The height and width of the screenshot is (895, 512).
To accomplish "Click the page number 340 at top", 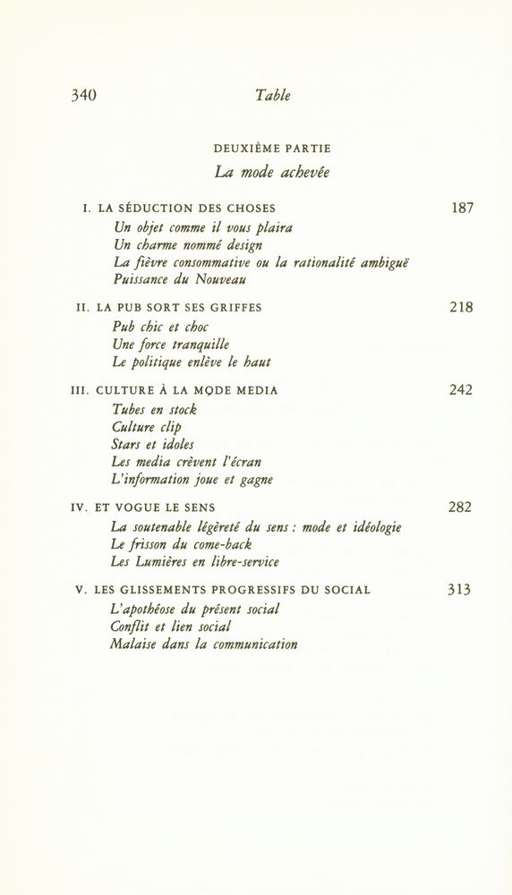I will (83, 96).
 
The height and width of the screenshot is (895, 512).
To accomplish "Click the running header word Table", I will (272, 96).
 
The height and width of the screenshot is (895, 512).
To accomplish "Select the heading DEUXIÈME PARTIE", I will (272, 148).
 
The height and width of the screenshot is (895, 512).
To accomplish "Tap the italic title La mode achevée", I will (272, 172).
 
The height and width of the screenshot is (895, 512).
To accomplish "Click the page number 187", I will (462, 209).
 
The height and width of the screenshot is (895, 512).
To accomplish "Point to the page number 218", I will (461, 308).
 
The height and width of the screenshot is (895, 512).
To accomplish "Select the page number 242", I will (461, 390).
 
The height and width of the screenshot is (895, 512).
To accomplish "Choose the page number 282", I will (461, 507).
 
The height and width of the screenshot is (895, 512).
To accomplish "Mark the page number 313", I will (460, 590).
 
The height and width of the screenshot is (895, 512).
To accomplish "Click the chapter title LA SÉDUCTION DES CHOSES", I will (186, 209).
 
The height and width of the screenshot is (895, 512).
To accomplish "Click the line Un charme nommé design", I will (188, 244).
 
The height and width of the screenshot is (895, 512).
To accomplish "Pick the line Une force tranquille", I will (171, 344).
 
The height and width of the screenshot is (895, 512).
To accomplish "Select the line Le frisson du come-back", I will (181, 544).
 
